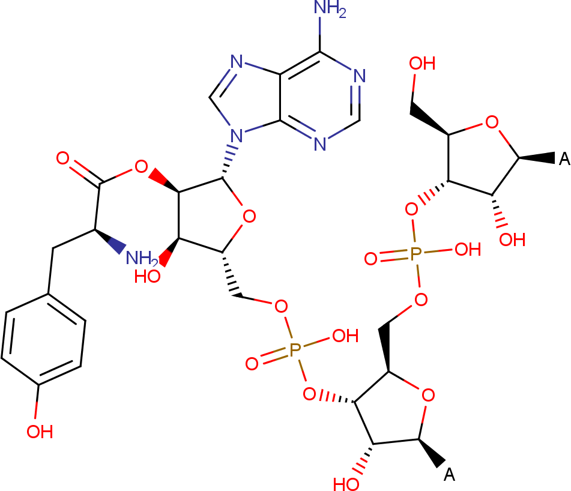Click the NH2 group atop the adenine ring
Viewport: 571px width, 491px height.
point(329,8)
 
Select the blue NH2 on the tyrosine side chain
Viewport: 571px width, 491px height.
point(141,258)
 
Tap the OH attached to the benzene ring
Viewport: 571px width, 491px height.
point(40,432)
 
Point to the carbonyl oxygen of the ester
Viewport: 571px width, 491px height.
point(62,158)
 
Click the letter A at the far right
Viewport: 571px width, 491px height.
point(564,158)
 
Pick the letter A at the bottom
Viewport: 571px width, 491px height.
point(449,474)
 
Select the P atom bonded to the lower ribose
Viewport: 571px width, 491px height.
point(295,350)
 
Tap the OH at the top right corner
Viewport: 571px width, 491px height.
point(422,64)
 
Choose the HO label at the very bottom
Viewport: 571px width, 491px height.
point(346,484)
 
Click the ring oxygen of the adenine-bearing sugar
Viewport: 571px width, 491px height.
point(249,216)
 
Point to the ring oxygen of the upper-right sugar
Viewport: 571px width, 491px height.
point(492,122)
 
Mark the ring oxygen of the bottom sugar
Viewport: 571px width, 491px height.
point(428,395)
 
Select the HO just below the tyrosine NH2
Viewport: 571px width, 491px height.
point(147,276)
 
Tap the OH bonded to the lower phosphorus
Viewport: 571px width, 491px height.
point(345,336)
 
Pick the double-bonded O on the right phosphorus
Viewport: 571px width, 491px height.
point(370,259)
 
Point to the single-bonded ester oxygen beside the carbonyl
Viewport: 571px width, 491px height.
point(141,167)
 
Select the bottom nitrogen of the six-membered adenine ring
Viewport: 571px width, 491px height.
point(320,144)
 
